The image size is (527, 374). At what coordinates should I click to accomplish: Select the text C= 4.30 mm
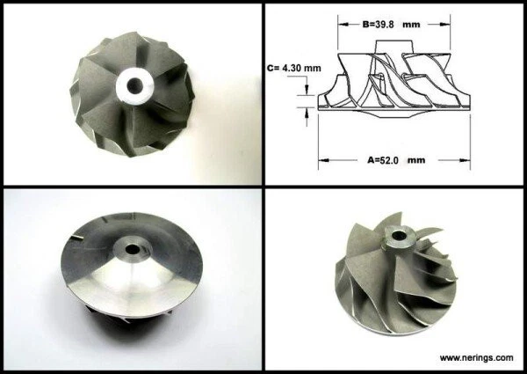point(292,67)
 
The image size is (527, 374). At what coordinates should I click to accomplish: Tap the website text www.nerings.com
point(476,357)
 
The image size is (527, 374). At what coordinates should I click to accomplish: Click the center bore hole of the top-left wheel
point(135,85)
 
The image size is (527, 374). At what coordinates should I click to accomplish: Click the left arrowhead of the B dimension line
point(341,25)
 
